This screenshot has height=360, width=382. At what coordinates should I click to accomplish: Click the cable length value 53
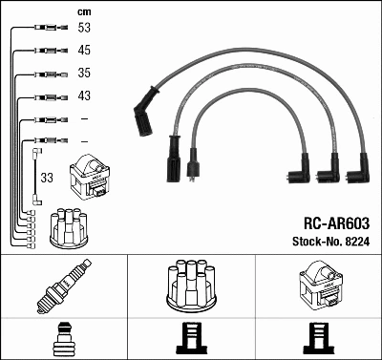[x=85, y=28]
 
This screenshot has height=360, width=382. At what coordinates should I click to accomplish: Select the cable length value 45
[x=85, y=50]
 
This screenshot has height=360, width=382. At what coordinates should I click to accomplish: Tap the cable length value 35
[x=85, y=73]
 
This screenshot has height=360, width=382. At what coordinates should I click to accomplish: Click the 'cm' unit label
[x=83, y=11]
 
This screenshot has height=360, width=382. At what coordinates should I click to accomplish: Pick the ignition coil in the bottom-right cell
[x=319, y=284]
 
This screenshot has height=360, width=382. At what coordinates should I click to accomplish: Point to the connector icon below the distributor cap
[x=192, y=340]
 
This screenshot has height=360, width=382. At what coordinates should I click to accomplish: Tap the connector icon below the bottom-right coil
[x=319, y=340]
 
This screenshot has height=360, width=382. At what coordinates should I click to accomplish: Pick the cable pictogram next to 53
[x=47, y=28]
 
